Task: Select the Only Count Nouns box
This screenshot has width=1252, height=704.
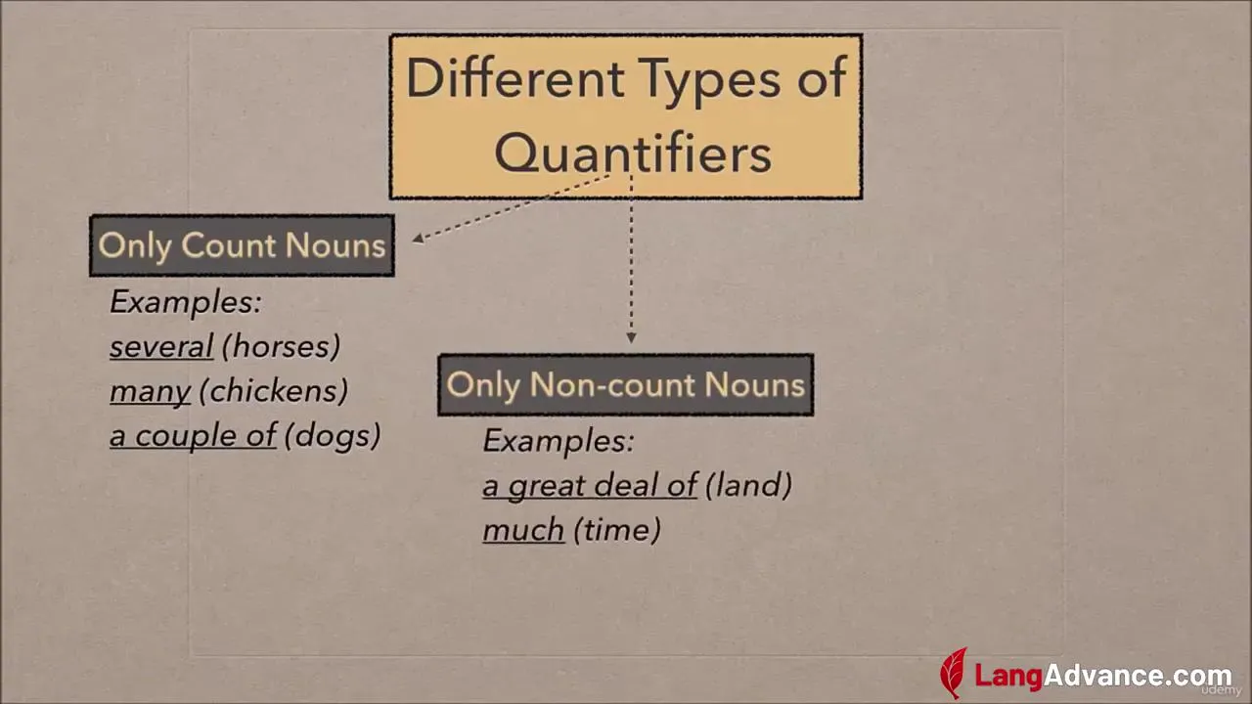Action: (242, 245)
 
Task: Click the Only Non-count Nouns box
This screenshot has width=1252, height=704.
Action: (625, 384)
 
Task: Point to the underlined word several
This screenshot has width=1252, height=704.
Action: (161, 346)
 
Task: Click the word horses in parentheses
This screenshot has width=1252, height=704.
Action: (281, 346)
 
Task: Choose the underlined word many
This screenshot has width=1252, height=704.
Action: (151, 392)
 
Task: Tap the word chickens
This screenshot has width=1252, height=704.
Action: (274, 390)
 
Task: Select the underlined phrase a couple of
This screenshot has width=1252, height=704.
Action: (193, 436)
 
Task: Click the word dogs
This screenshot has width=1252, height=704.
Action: (333, 436)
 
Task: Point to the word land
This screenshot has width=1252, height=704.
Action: (749, 484)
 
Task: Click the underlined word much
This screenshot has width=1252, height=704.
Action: (523, 530)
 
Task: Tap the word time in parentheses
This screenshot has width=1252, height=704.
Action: (617, 529)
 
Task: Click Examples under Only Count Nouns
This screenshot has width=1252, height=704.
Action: (186, 302)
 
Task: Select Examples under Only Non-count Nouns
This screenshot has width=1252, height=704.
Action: (559, 441)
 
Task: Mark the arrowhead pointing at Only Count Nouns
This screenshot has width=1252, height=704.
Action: (418, 239)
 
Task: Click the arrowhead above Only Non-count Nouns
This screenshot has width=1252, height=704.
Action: (631, 338)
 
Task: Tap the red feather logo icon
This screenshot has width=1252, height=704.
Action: (954, 673)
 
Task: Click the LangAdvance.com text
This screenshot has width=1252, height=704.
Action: (1102, 676)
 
